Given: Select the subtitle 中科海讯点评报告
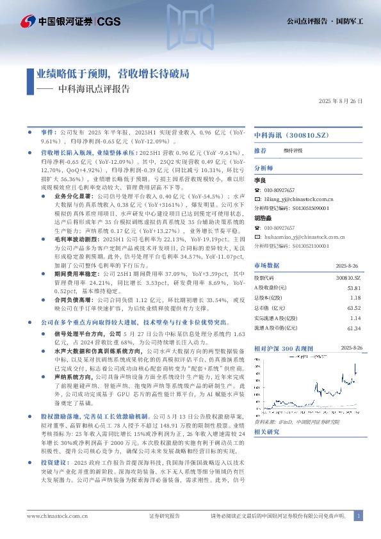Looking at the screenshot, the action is pyautogui.click(x=93, y=90).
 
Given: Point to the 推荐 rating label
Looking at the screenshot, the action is pyautogui.click(x=260, y=150).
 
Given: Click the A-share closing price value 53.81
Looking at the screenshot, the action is pyautogui.click(x=353, y=289).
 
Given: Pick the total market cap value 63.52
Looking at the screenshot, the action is pyautogui.click(x=353, y=307).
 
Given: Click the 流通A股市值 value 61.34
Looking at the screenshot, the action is pyautogui.click(x=353, y=328).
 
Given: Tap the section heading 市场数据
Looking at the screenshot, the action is pyautogui.click(x=266, y=264).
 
